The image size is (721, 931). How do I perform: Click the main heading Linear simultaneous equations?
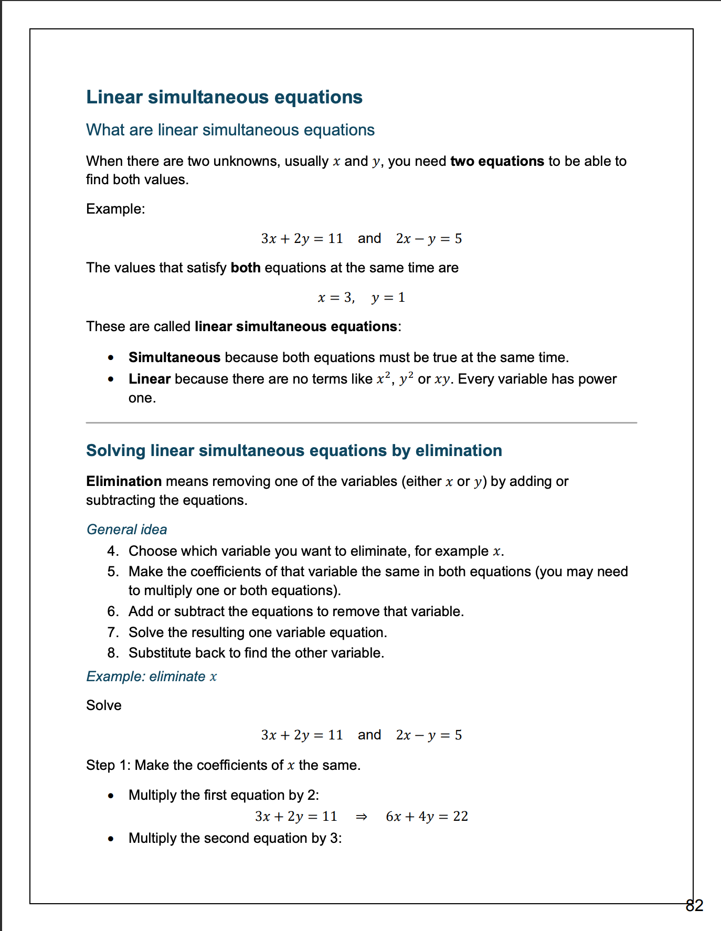pos(224,97)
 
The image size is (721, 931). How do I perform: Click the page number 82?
pos(694,905)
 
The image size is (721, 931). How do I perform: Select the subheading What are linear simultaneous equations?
pos(230,130)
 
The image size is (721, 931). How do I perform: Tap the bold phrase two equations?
pos(497,161)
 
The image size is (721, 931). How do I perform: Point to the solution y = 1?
pos(388,298)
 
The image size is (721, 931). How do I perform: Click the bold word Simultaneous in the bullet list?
pos(174,357)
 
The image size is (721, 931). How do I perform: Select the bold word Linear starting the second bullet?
pos(150,379)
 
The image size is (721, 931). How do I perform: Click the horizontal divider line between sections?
pos(361,422)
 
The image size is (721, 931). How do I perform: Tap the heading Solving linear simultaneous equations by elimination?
pos(294,450)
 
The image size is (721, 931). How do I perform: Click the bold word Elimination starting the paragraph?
pos(124,481)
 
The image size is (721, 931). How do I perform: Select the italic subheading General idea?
pos(126,529)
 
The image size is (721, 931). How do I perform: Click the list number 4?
pos(112,551)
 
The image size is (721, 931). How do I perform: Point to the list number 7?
pos(112,632)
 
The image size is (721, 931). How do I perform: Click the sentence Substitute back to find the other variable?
pos(256,653)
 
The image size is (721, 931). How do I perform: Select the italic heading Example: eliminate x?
pos(151,676)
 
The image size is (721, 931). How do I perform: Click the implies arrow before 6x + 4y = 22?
pos(361,817)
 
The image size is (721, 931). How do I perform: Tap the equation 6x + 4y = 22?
pos(427,817)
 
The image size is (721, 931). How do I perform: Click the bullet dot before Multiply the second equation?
pos(111,839)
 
